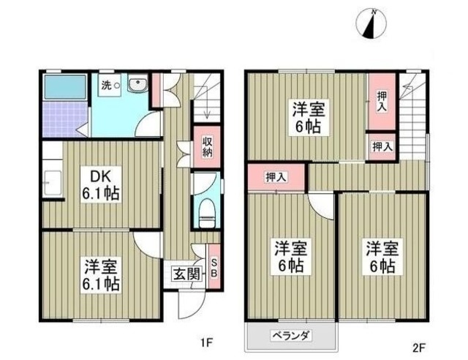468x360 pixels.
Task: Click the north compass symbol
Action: tap(371, 23)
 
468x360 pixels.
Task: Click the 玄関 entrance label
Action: tap(186, 274)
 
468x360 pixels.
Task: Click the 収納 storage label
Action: tap(207, 147)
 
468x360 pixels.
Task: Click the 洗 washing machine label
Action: tap(107, 84)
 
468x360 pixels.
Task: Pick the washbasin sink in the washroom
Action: tap(137, 86)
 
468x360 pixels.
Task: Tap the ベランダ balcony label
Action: tap(292, 336)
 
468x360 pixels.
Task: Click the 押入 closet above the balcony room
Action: tap(275, 176)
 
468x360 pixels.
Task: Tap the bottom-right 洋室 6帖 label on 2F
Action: tap(382, 256)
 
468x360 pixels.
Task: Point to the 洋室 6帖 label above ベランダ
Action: tap(290, 256)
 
